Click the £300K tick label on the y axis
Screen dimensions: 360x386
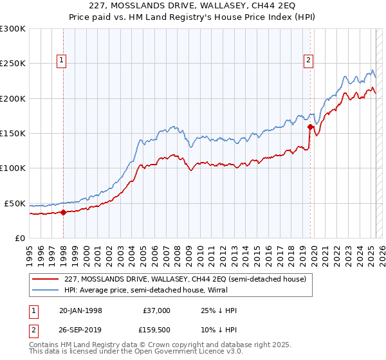click(13, 29)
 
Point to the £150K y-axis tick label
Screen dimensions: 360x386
click(13, 133)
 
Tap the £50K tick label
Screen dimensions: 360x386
click(15, 203)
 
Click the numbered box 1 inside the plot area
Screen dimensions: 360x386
click(61, 61)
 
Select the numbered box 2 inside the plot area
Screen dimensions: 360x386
click(309, 61)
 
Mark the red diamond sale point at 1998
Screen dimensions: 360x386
click(64, 212)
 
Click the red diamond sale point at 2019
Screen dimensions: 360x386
click(310, 127)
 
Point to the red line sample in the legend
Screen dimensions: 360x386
click(44, 279)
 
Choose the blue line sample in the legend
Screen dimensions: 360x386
click(44, 290)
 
